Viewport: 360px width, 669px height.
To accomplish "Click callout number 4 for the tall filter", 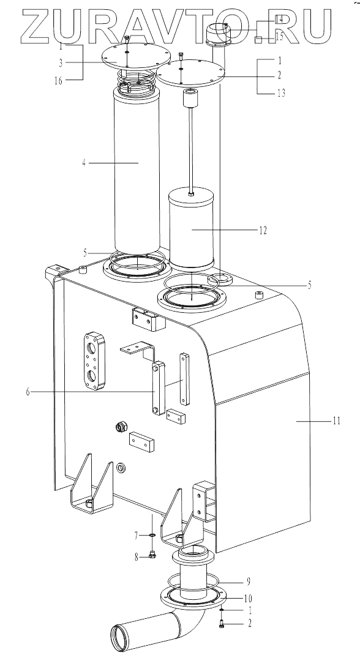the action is [84, 163].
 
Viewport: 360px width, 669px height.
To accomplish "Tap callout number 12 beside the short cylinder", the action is [263, 230].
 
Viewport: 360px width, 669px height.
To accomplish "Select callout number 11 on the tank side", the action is [337, 420].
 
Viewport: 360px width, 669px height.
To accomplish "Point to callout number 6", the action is [28, 391].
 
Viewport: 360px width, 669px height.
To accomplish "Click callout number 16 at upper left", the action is [58, 81].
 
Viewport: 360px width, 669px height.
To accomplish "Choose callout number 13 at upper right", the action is [281, 92].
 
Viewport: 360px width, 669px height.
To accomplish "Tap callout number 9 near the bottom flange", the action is [248, 581].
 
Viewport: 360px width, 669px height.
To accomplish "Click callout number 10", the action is [249, 598].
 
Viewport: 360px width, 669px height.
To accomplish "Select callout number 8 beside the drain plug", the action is [137, 556].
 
